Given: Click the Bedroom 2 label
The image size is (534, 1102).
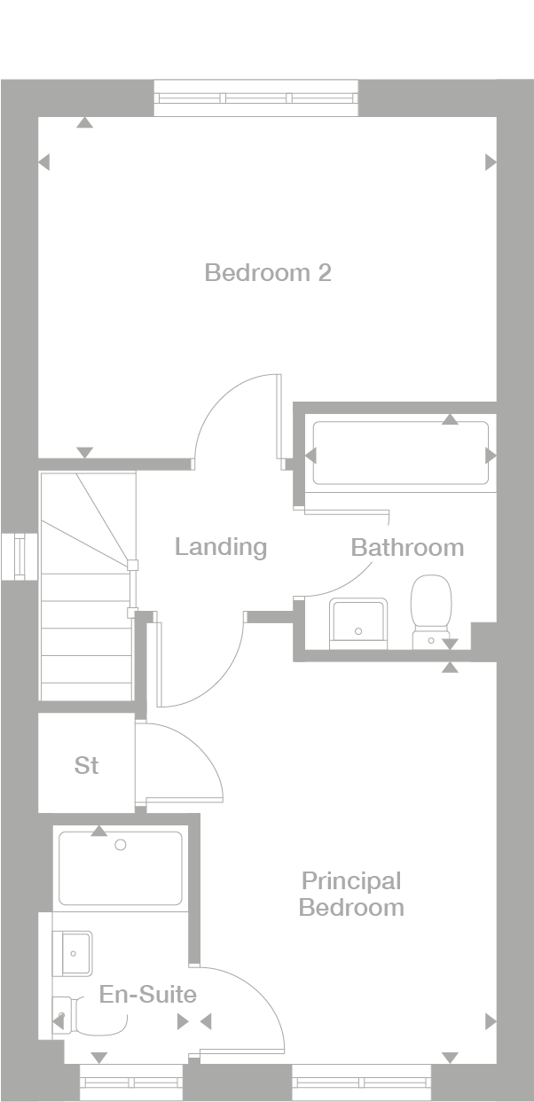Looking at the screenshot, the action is point(268,272).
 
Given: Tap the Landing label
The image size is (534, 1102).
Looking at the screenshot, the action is point(221,547).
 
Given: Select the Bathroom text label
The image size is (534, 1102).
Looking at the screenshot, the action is point(407,548).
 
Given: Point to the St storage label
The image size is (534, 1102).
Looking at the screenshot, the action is point(86,765).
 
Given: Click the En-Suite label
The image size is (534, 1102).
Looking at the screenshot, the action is point(148,994).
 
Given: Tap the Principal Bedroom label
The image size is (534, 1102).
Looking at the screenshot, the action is point(351,894).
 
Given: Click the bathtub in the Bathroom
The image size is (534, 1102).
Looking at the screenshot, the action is point(401,453).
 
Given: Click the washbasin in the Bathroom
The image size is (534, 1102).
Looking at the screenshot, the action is point(358,623).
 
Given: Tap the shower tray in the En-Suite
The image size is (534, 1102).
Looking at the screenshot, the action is point(120,868).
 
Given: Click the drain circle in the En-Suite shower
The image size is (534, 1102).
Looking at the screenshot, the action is point(120,845).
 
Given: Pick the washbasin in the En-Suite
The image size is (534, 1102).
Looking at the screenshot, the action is point(73,953).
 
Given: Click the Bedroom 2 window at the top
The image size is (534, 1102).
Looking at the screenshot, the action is point(256,98).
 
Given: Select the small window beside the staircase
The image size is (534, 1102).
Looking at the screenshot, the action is point(20,557).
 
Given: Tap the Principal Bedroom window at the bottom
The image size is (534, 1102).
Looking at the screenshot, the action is point(362,1082).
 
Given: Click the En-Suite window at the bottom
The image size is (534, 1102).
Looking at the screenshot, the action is point(131,1082).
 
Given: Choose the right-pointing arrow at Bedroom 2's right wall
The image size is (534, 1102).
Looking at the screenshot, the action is point(491,162).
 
